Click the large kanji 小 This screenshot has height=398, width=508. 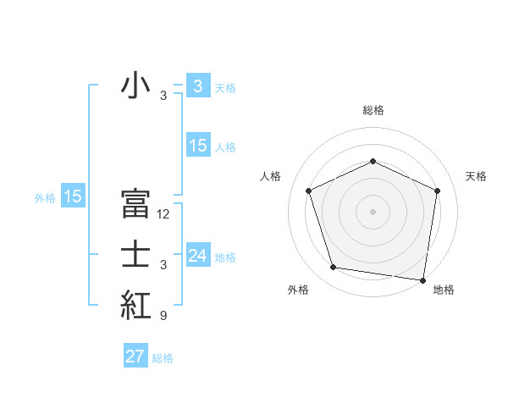pos(135,87)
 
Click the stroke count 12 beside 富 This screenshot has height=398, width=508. pos(163,214)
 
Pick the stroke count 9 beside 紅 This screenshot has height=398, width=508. pos(163,316)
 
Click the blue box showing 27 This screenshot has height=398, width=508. pos(135,357)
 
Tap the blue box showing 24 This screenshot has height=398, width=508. pos(198,255)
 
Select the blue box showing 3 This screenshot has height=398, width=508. pos(197,86)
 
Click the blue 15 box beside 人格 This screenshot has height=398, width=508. pos(198,146)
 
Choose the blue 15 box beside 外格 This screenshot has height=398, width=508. pos(73,197)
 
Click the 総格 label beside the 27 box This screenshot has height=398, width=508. pos(163,358)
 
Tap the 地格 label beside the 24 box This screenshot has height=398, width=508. pos(225,257)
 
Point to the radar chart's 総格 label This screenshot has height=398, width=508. pos(373,110)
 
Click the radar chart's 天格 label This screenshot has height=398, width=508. pos(477,176)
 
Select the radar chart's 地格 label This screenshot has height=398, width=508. pos(444,290)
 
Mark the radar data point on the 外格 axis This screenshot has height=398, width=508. pos(334,268)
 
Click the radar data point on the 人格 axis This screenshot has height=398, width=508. pos(309,191)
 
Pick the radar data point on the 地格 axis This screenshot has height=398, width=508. pos(422,279)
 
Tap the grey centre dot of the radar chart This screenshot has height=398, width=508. pos(373,211)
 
